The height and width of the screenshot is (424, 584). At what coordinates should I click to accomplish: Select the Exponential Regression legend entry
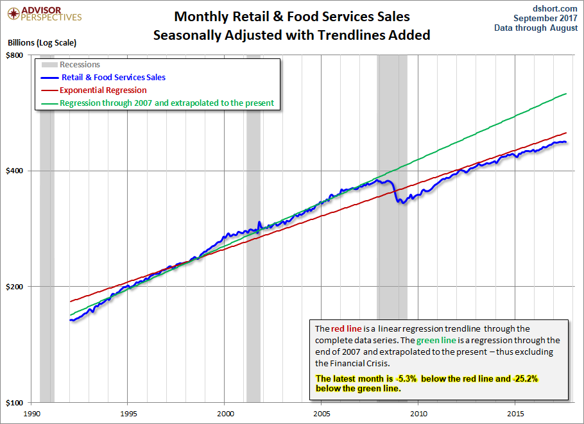103,90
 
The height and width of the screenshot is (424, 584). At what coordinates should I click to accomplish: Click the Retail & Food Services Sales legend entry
113,78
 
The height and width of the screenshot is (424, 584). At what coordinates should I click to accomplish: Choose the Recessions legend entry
80,65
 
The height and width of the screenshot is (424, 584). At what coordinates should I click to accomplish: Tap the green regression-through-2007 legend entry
166,103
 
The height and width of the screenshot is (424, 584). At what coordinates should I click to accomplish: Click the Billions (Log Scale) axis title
42,44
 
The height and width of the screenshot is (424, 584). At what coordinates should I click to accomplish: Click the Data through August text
536,28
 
